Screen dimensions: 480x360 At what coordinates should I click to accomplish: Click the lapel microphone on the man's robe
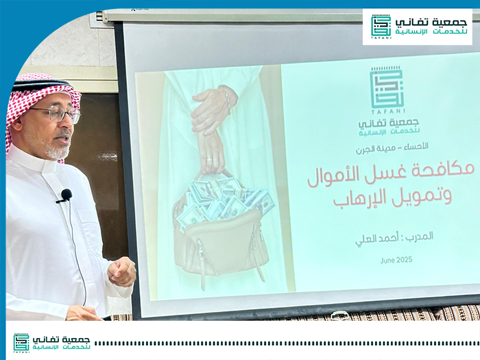[x=66, y=195]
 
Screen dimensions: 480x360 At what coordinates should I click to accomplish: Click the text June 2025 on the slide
[x=396, y=260]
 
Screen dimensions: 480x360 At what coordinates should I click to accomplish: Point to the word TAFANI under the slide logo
[x=388, y=111]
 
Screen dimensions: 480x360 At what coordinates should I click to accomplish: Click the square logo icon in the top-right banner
[x=381, y=25]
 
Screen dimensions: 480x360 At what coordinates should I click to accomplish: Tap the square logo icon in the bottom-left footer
[x=21, y=342]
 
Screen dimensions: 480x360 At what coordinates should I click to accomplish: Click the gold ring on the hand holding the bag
[x=208, y=159]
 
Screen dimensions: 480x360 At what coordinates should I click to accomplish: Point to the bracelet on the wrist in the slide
[x=226, y=97]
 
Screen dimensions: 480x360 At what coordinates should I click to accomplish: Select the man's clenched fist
[x=121, y=272]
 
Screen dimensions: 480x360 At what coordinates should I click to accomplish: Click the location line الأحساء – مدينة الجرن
[x=392, y=148]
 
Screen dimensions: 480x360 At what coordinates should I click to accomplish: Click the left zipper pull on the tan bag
[x=202, y=266]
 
